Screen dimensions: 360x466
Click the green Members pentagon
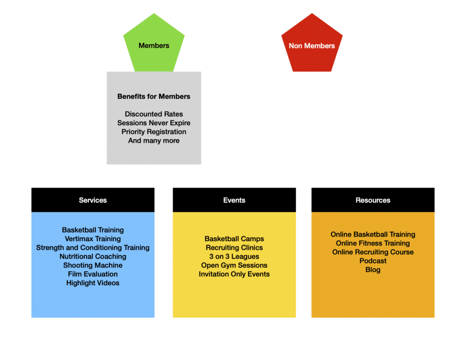tap(154, 46)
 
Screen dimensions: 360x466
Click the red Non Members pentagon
tap(312, 46)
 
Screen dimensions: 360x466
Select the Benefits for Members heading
tap(154, 96)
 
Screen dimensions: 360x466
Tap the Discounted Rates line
tap(154, 114)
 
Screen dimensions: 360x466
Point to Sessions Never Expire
tap(154, 123)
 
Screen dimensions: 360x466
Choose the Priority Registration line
tap(154, 132)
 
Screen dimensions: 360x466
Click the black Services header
tap(93, 200)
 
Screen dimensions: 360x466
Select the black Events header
tap(234, 200)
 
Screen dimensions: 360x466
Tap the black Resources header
tap(373, 200)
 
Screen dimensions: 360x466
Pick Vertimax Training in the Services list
tap(93, 239)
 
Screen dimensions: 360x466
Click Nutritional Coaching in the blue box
tap(93, 257)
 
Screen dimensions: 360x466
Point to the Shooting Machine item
tap(93, 265)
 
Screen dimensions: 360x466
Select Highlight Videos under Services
tap(93, 283)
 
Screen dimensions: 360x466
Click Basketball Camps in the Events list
tap(234, 239)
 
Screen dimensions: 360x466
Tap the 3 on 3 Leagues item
tap(234, 257)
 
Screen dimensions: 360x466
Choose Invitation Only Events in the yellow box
tap(234, 274)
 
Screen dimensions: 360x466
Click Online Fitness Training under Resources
tap(373, 243)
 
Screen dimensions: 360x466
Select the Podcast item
tap(373, 261)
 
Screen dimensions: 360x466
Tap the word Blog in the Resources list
tap(373, 270)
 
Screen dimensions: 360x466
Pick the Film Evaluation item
tap(93, 274)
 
